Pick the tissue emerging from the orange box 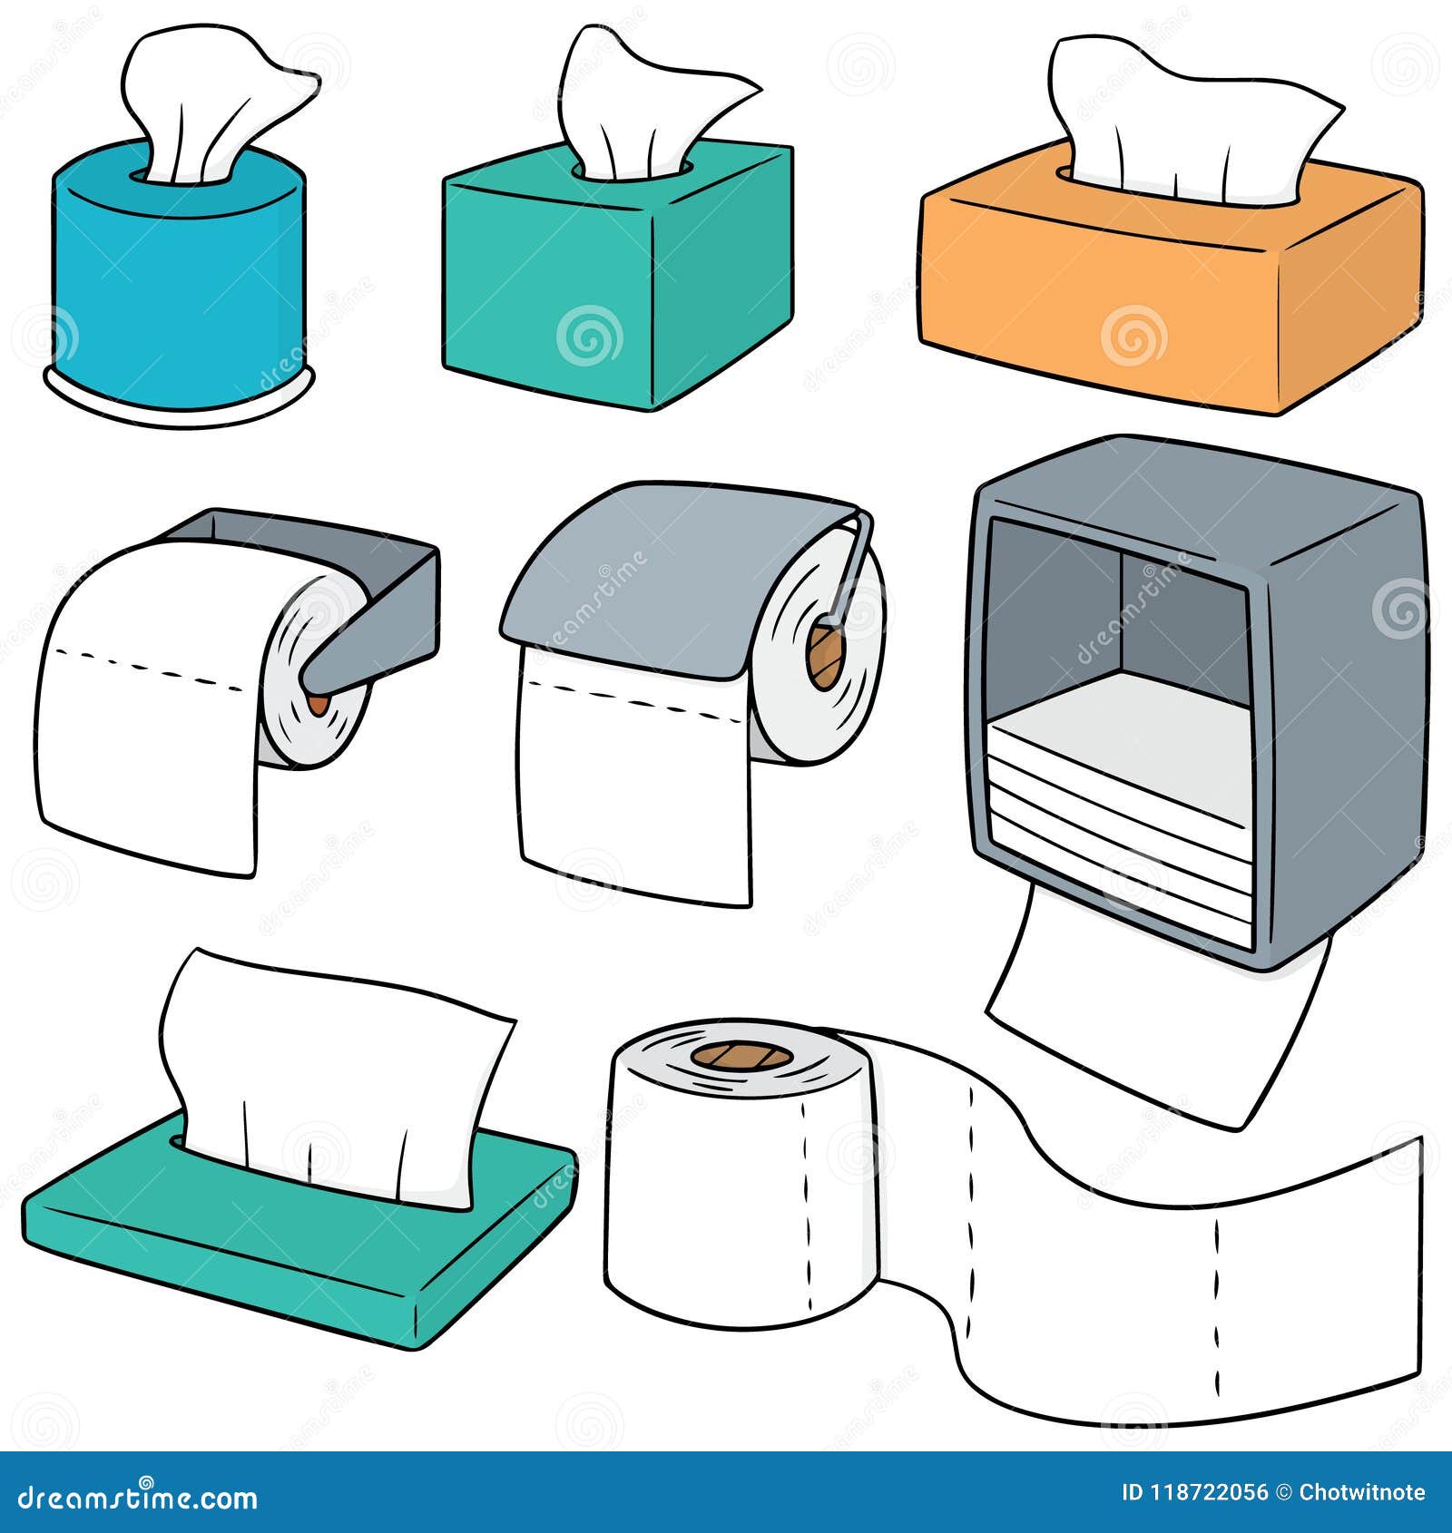pos(1180,127)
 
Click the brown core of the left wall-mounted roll pos(318,702)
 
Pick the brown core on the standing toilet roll pos(740,1056)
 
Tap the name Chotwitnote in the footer pos(1361,1493)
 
